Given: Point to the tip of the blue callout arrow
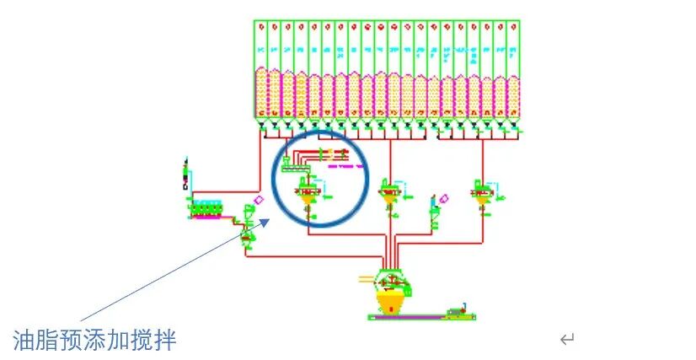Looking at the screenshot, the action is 268,221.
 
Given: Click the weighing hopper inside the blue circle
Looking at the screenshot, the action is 307,196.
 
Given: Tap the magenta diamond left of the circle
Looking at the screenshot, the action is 259,200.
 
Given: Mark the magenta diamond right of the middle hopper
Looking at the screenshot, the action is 444,199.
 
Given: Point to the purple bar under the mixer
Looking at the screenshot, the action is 404,317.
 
